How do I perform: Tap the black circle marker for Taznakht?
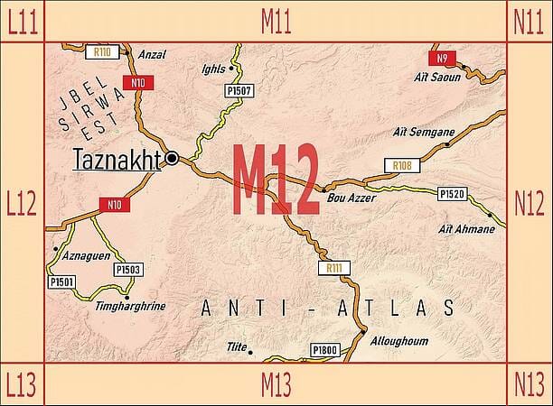(172, 159)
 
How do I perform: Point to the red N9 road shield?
(440, 59)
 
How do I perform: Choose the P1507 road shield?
(238, 91)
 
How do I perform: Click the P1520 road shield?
(450, 194)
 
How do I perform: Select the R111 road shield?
(334, 268)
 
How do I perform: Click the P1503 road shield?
(127, 269)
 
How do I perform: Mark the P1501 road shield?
(61, 282)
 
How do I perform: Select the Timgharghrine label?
(130, 306)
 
